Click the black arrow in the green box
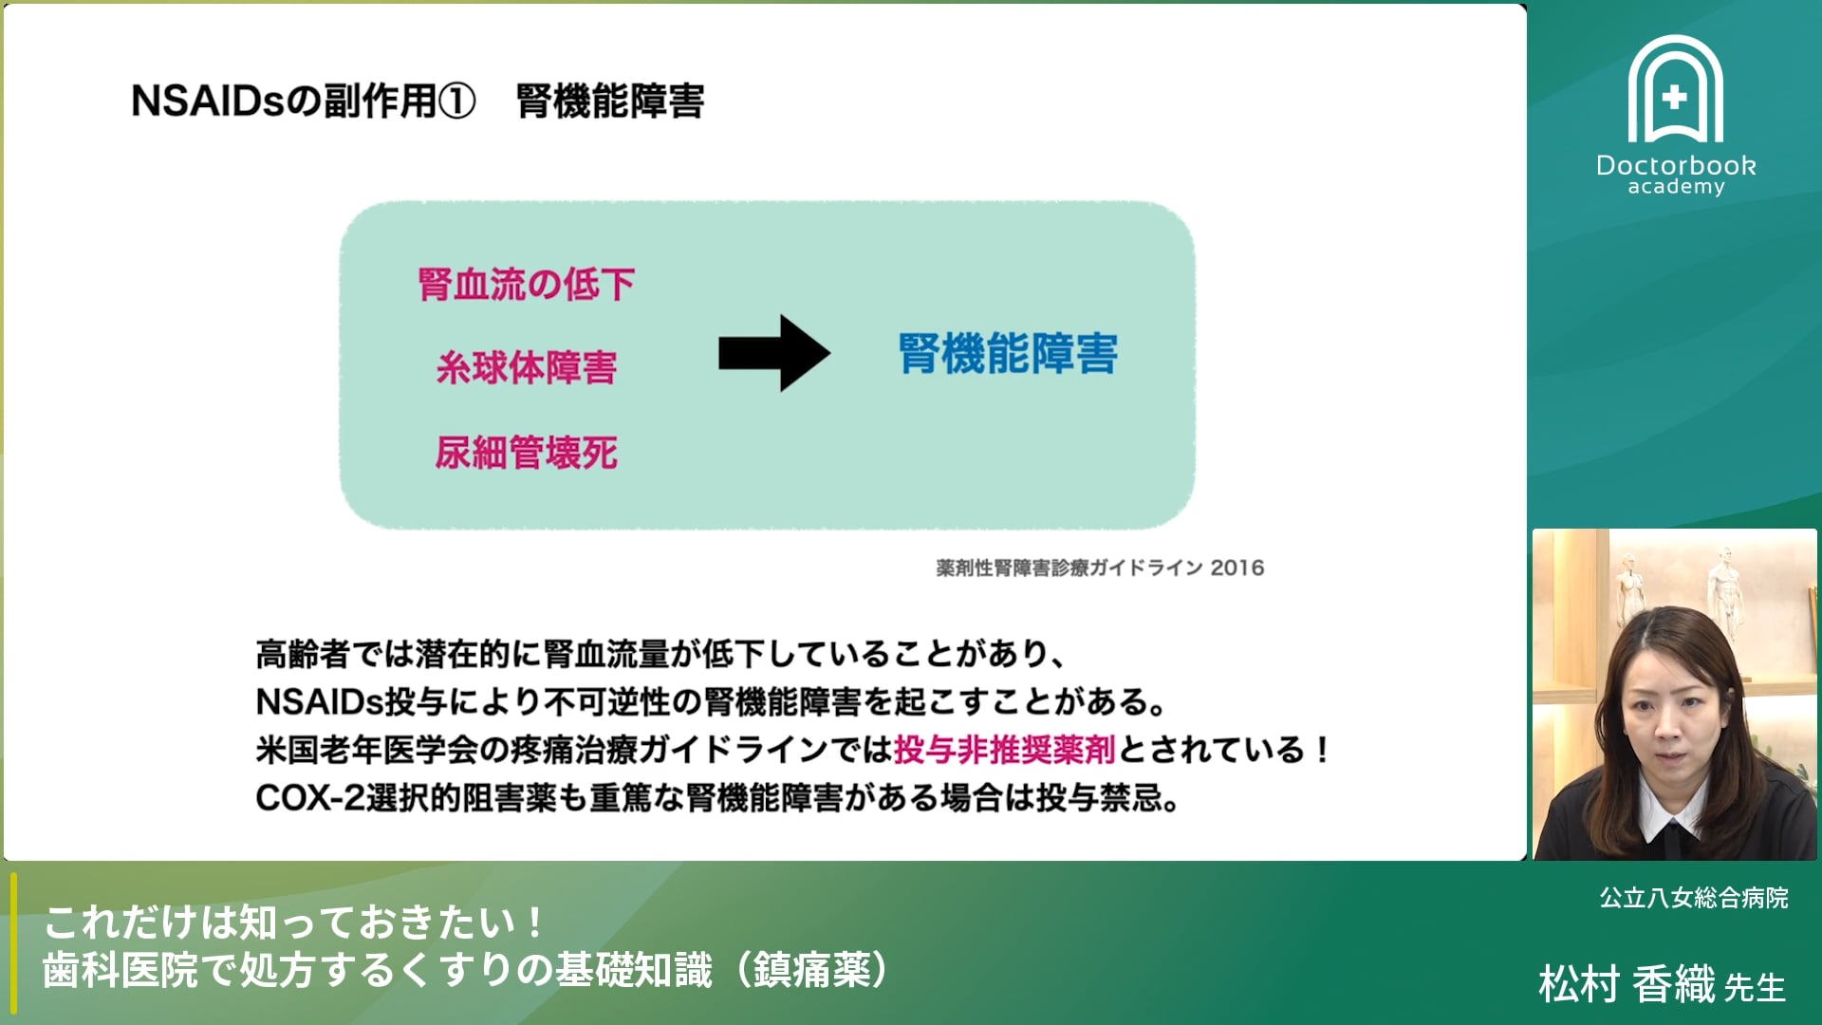pos(773,353)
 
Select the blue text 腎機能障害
pos(1008,354)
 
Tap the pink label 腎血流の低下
pos(526,284)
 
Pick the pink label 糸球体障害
pos(526,368)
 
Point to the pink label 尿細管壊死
pos(526,453)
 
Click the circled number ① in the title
pos(456,102)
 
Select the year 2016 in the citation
pos(1236,568)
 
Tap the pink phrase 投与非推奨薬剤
pos(1004,750)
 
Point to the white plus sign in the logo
pos(1675,97)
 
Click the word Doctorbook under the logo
pos(1676,165)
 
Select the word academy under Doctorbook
pos(1676,187)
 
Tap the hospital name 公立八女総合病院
pos(1693,898)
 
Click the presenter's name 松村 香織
pos(1627,984)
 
